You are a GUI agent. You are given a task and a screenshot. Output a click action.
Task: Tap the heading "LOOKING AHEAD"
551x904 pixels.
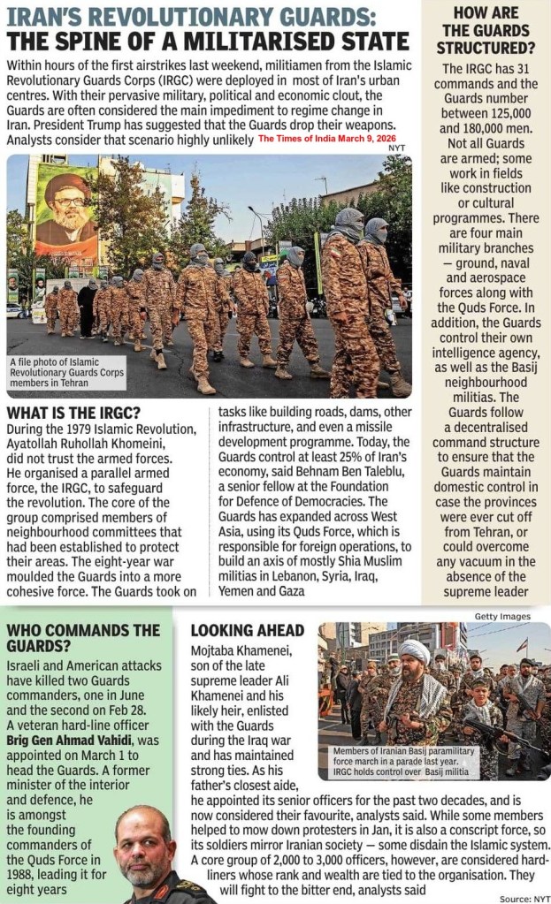click(x=247, y=630)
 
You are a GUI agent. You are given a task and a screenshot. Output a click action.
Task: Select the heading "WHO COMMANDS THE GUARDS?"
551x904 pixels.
click(x=83, y=639)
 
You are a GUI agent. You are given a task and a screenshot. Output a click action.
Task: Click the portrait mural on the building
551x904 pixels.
click(x=66, y=217)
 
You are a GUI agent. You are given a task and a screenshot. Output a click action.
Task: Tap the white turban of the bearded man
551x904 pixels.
click(x=413, y=650)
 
